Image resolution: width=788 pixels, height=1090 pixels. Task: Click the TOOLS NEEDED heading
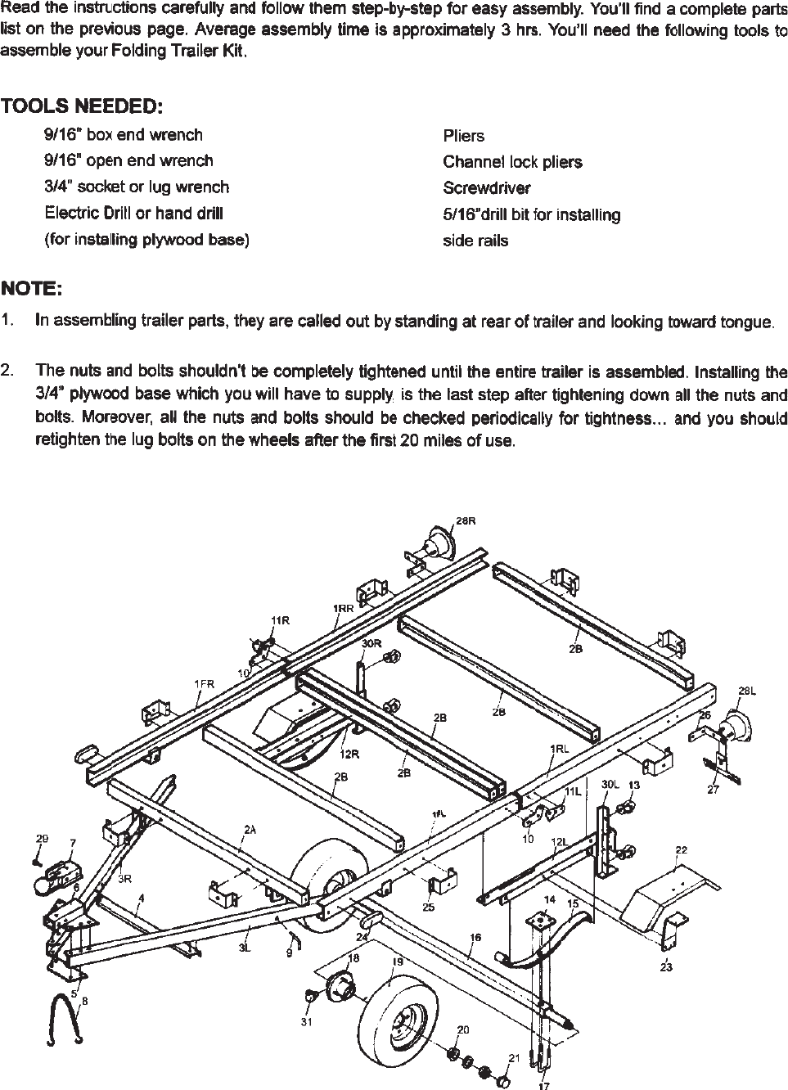82,107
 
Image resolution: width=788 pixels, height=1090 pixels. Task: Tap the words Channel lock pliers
513,162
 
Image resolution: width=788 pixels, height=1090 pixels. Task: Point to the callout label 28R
465,521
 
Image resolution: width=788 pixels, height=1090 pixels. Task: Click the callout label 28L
746,691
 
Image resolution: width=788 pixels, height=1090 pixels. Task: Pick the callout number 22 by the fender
681,850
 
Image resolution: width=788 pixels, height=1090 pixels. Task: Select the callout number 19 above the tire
398,962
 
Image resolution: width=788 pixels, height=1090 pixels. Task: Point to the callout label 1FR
204,683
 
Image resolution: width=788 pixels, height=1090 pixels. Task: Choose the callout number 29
42,839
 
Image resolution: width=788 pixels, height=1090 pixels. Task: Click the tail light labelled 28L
734,727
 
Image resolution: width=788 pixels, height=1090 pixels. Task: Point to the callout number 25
429,907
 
